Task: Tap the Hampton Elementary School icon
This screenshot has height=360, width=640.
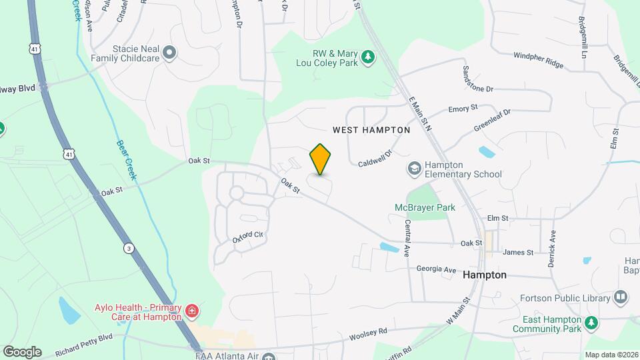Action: (x=415, y=169)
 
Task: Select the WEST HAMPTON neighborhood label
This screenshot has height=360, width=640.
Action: (x=371, y=130)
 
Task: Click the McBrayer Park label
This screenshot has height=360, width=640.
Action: (x=424, y=207)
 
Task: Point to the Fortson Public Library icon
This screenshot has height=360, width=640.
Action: (x=621, y=296)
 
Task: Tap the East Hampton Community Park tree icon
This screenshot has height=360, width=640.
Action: (x=590, y=323)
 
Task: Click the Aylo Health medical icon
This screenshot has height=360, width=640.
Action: (x=192, y=311)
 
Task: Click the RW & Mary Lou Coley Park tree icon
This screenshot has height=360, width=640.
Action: (x=367, y=58)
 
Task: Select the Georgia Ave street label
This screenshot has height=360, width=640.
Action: (x=436, y=270)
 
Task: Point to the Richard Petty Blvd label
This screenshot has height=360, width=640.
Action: (x=85, y=346)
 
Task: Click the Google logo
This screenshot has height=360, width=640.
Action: (x=22, y=351)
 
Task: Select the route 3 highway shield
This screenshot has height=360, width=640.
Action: (x=128, y=248)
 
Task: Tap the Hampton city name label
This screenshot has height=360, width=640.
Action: (x=485, y=275)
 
